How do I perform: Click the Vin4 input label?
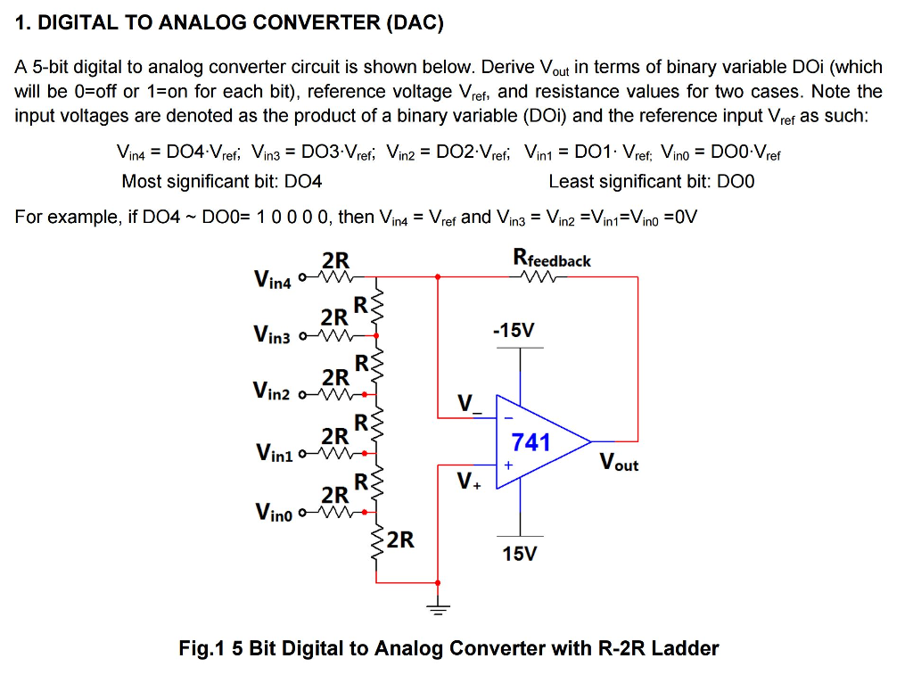pyautogui.click(x=273, y=279)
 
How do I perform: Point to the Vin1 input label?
pyautogui.click(x=273, y=454)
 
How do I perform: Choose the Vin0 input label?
pyautogui.click(x=273, y=512)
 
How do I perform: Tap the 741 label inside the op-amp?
pyautogui.click(x=531, y=441)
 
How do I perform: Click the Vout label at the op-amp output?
pyautogui.click(x=619, y=462)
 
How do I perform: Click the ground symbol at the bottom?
pyautogui.click(x=437, y=609)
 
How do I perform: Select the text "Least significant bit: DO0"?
pyautogui.click(x=651, y=182)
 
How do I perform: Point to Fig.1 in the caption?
pyautogui.click(x=202, y=648)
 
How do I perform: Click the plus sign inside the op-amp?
pyautogui.click(x=508, y=465)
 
